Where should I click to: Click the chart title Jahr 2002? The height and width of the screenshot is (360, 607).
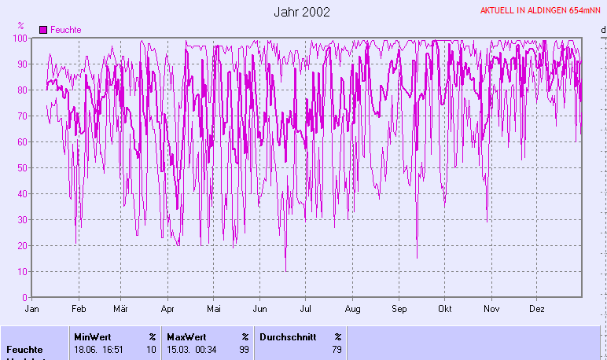click(303, 12)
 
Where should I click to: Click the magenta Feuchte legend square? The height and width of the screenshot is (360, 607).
click(43, 30)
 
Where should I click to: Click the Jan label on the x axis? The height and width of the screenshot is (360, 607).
click(32, 309)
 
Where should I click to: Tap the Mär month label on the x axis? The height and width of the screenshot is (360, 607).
click(121, 309)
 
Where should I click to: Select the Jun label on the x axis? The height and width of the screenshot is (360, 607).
click(259, 309)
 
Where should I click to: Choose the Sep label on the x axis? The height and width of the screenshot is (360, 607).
click(399, 309)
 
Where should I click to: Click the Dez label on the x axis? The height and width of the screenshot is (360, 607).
click(538, 309)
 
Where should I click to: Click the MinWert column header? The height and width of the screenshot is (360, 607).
click(92, 336)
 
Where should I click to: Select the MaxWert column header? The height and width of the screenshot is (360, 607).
click(186, 336)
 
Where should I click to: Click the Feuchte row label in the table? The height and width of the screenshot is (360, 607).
click(24, 349)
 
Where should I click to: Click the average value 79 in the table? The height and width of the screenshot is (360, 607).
click(337, 349)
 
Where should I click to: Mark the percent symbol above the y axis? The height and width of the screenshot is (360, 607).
click(20, 26)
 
